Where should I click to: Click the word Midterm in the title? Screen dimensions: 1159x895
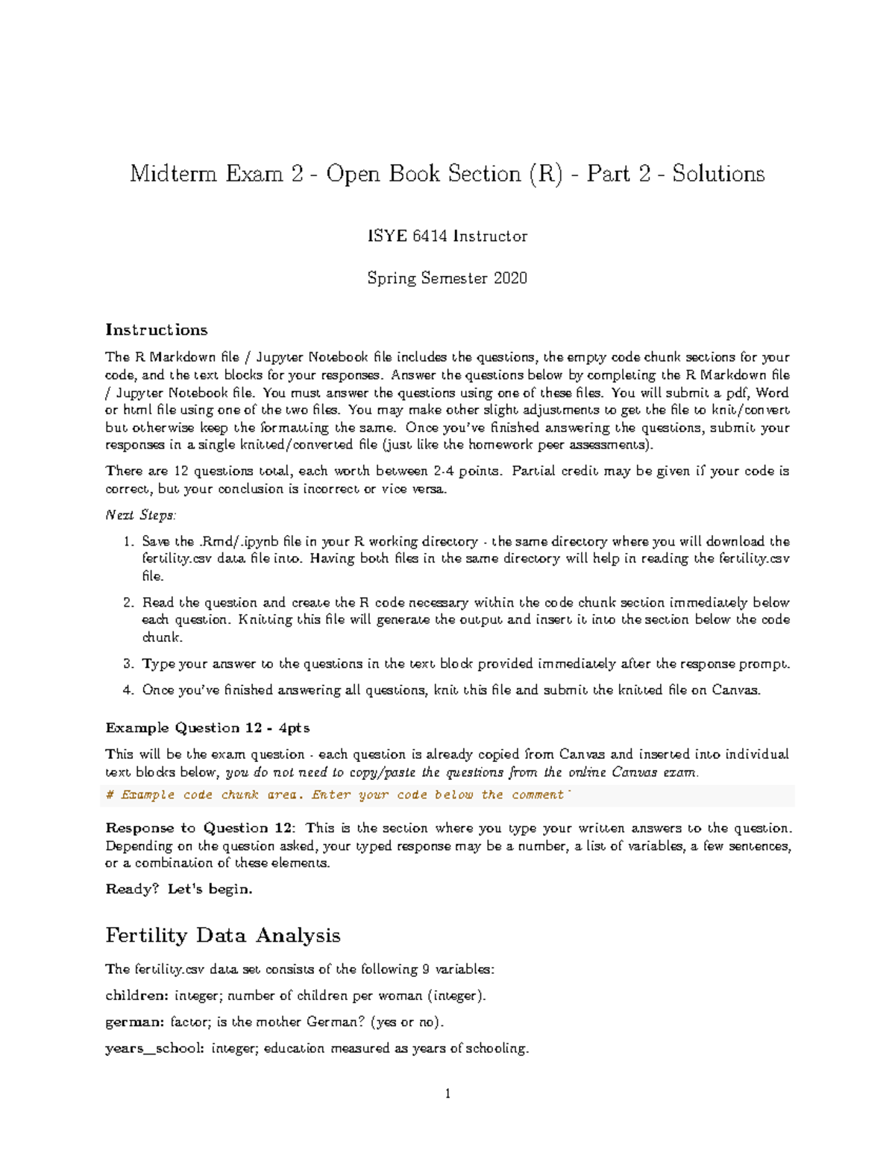pos(174,174)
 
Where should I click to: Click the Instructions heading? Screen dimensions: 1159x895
pos(157,330)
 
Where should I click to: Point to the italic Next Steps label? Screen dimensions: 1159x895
pos(141,515)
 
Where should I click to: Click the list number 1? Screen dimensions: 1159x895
pos(128,542)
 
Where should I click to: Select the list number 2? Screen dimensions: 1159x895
pos(128,603)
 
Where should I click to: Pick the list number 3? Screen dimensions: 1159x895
pos(128,664)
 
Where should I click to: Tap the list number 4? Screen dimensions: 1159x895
pos(128,690)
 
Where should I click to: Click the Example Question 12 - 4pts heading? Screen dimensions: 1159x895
pos(207,728)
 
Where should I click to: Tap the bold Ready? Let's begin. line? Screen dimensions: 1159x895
pos(179,889)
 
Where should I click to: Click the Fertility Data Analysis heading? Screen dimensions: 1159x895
pos(222,935)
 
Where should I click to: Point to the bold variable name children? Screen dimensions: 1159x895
pos(136,996)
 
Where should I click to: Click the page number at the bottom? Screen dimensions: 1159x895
pos(447,1094)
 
